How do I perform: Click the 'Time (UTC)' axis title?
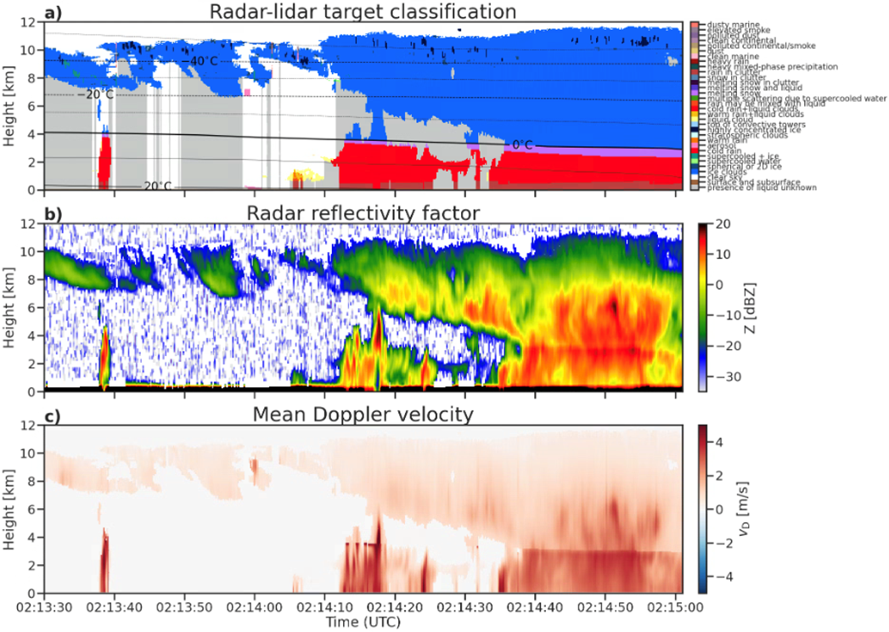359,623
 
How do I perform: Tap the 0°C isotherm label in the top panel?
521,145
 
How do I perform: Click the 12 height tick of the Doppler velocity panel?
31,426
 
